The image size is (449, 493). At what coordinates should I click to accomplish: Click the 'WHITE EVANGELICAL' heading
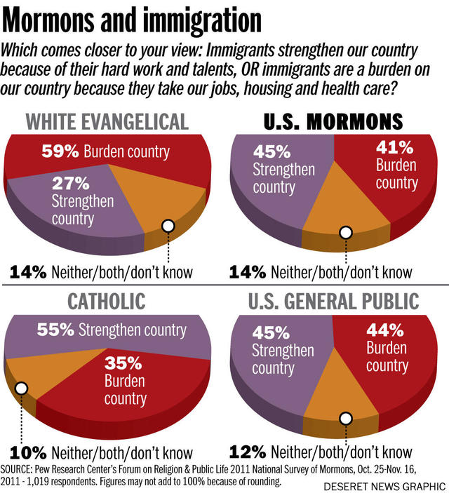(107, 121)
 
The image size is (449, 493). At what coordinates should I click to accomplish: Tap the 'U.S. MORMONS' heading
(334, 121)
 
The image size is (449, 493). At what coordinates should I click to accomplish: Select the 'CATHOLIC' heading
(107, 302)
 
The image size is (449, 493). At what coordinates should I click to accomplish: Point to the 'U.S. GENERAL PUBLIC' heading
(333, 302)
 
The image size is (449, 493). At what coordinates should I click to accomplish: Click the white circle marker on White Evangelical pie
(168, 226)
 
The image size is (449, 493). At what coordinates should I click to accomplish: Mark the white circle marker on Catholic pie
(21, 388)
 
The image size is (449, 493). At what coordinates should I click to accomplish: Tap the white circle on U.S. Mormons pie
(345, 232)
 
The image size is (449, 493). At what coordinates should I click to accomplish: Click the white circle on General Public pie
(345, 418)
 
